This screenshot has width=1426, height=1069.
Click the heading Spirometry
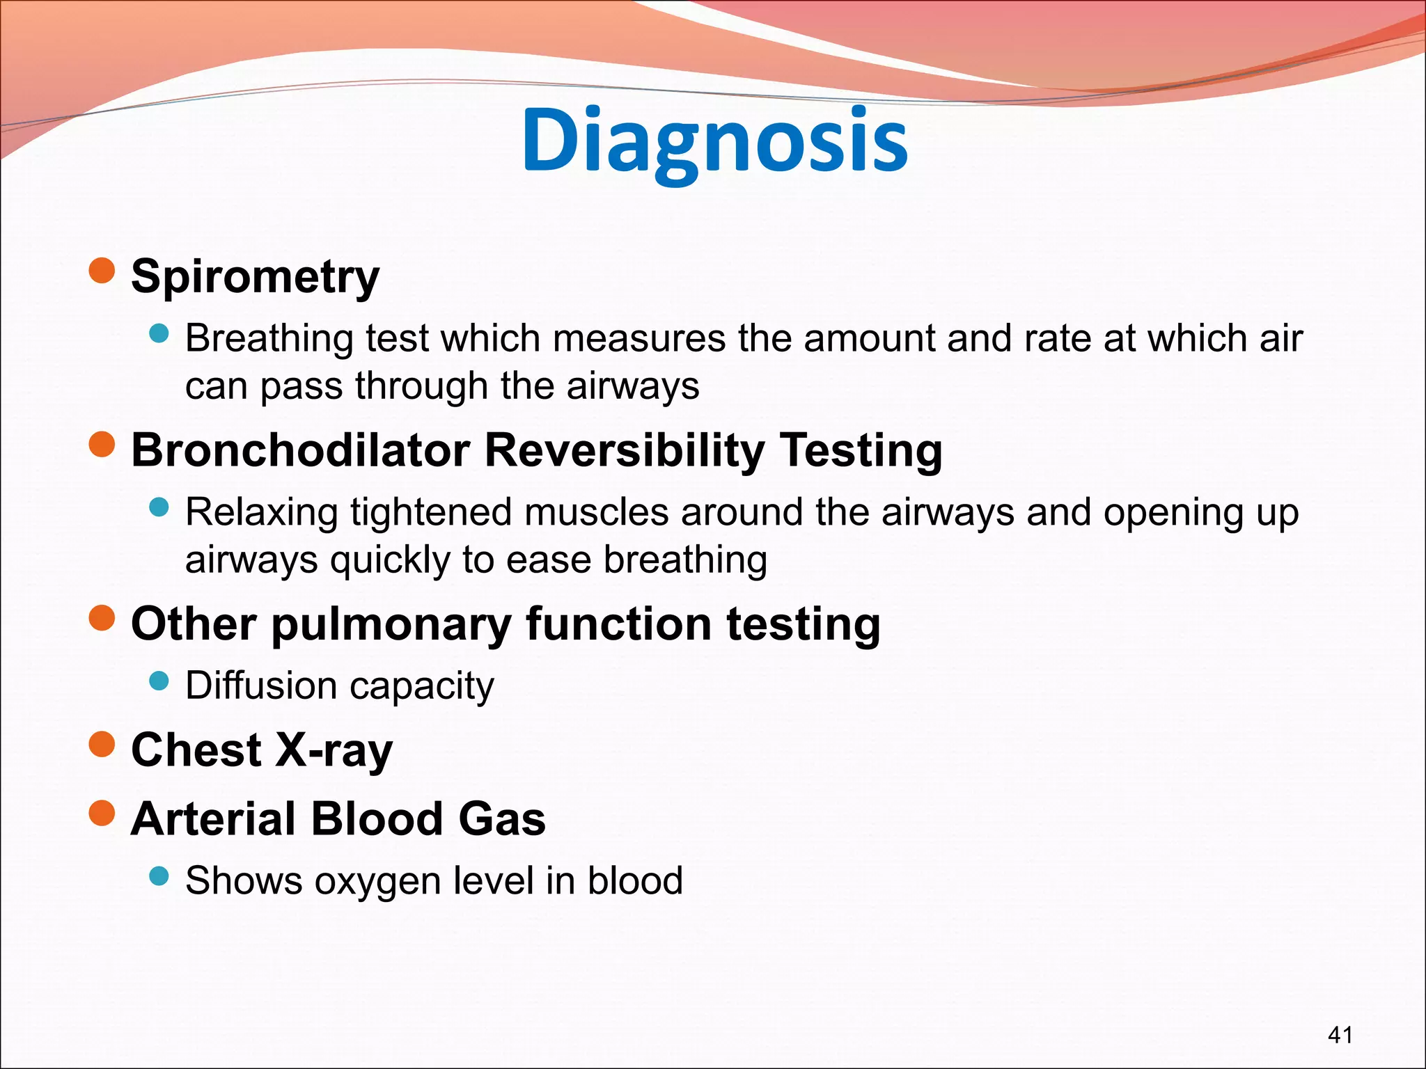pos(255,277)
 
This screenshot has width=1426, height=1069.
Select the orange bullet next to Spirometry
pos(102,271)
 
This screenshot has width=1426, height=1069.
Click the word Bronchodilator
pos(301,450)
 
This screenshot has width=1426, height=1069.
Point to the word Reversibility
pos(624,450)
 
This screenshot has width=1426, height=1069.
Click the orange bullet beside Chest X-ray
pos(102,744)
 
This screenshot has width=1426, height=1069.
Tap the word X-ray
pos(334,750)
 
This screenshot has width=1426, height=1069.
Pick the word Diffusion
pos(261,686)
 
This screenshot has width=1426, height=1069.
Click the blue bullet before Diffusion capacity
pos(159,680)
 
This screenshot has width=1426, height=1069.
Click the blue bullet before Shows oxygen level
pos(159,876)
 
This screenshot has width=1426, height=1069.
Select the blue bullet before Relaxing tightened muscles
pos(159,507)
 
